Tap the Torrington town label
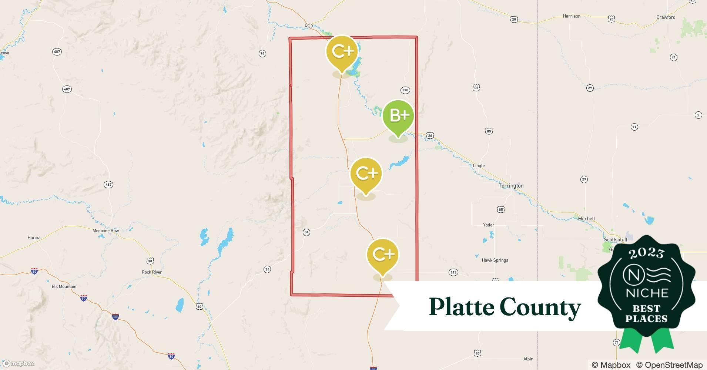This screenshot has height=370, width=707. [511, 186]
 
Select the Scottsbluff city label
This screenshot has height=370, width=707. [616, 239]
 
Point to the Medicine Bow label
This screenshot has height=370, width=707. [105, 231]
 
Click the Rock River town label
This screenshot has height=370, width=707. [152, 272]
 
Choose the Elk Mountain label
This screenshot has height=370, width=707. [64, 286]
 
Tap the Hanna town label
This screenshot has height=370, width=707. [34, 238]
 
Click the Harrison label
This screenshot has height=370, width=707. [572, 16]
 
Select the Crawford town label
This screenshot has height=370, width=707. [666, 17]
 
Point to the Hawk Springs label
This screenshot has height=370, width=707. [495, 260]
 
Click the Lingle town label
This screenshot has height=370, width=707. [479, 166]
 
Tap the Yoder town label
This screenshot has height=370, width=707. [489, 225]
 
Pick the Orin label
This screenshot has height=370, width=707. [309, 25]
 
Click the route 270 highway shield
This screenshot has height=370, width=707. [405, 90]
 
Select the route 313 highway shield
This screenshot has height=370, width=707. [453, 272]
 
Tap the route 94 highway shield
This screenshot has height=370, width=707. [262, 54]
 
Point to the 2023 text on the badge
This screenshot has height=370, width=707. [646, 253]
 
